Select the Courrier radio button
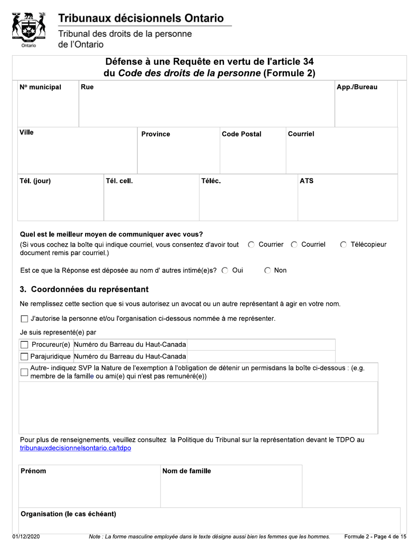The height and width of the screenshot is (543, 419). tap(251, 245)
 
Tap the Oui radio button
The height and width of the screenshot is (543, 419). tap(225, 271)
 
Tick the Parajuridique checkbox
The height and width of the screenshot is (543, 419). tap(25, 356)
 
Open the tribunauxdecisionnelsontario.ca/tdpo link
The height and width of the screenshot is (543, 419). tap(75, 449)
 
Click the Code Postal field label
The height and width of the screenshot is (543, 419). tap(241, 134)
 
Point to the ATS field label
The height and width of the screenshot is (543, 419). tap(307, 181)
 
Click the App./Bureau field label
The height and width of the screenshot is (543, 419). tap(357, 87)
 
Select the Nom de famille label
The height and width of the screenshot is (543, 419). tap(187, 471)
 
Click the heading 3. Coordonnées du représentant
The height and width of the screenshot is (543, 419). tap(84, 290)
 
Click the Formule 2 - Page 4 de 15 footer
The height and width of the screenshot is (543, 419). tap(375, 536)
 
